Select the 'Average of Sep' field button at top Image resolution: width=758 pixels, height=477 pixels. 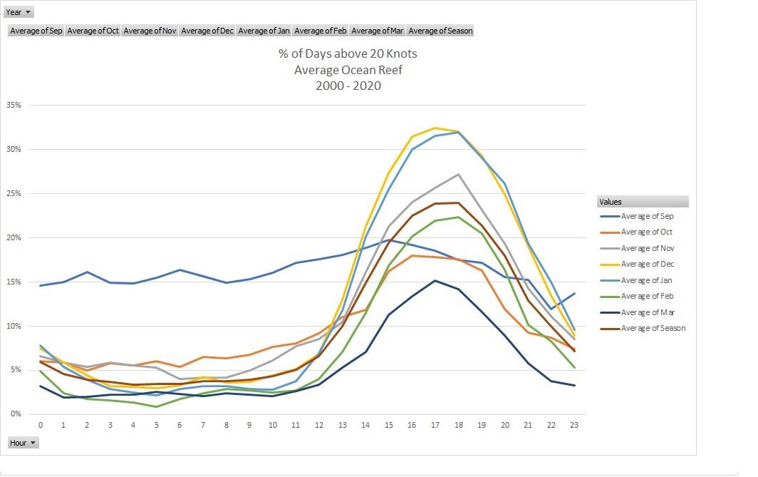pos(36,31)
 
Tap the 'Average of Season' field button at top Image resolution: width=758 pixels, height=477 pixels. pos(440,31)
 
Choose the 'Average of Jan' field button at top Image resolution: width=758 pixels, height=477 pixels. pos(264,31)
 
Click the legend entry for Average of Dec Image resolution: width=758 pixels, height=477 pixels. pos(646,265)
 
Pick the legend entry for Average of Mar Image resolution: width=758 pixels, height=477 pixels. pos(646,312)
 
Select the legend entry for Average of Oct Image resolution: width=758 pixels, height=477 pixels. pos(646,232)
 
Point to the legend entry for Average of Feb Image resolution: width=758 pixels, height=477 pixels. pos(646,297)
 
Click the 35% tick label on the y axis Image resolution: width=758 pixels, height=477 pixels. pos(14,105)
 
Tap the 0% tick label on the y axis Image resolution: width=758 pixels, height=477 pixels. pos(16,414)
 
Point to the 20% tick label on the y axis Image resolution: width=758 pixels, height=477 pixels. pos(14,237)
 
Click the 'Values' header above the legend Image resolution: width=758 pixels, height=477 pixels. pos(611,202)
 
